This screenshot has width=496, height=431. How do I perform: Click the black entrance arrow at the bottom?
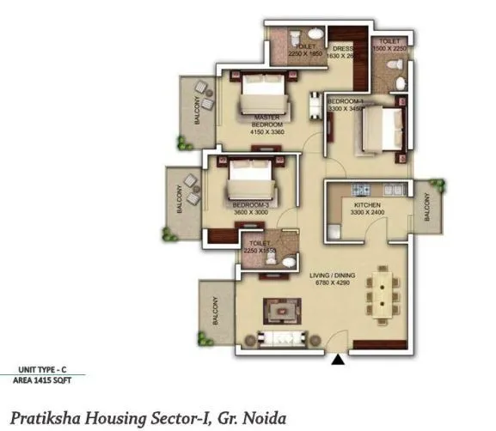pos(338,361)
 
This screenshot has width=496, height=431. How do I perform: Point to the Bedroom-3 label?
pos(251,206)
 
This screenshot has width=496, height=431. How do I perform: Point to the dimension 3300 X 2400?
pos(367,213)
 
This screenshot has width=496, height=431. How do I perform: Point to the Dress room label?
pos(345,49)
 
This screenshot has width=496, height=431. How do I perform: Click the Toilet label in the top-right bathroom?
pos(389,40)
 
